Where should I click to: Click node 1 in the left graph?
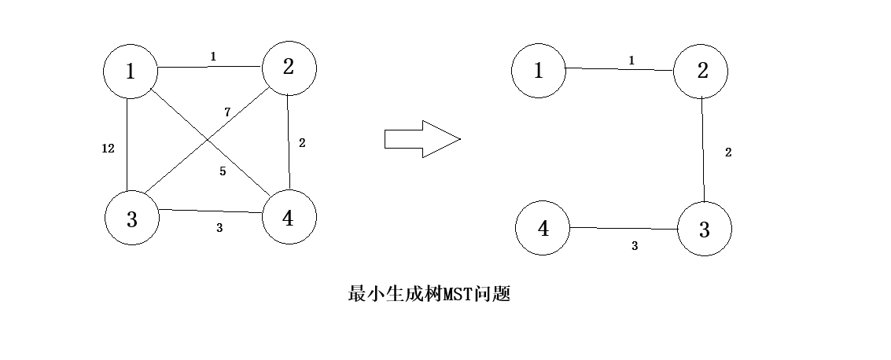pyautogui.click(x=131, y=72)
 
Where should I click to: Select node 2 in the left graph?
pyautogui.click(x=289, y=68)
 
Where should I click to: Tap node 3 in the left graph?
pyautogui.click(x=132, y=219)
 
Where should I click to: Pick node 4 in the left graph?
pyautogui.click(x=288, y=218)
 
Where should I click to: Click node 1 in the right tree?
pyautogui.click(x=539, y=72)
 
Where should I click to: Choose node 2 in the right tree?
pyautogui.click(x=701, y=71)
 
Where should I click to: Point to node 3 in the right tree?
pyautogui.click(x=704, y=230)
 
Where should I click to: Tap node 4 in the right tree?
pyautogui.click(x=543, y=230)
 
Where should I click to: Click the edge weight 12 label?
pyautogui.click(x=109, y=149)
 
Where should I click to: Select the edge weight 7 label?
pyautogui.click(x=227, y=112)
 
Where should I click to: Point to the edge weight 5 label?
pyautogui.click(x=223, y=171)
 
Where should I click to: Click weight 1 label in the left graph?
pyautogui.click(x=212, y=57)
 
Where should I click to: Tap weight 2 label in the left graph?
pyautogui.click(x=302, y=143)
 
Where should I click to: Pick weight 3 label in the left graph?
pyautogui.click(x=219, y=228)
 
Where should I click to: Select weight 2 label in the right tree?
pyautogui.click(x=728, y=152)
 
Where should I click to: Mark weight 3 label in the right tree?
pyautogui.click(x=635, y=246)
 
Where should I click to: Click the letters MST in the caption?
pyautogui.click(x=458, y=295)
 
